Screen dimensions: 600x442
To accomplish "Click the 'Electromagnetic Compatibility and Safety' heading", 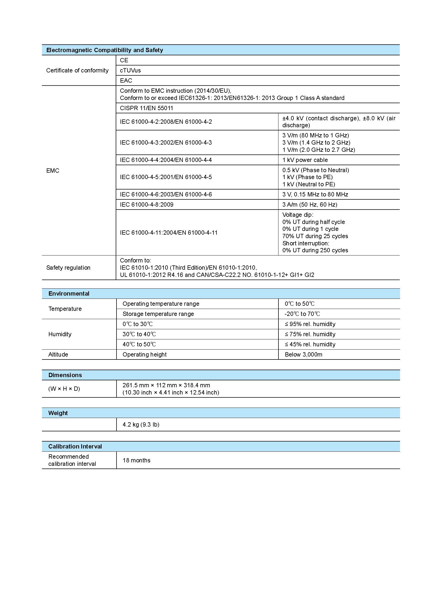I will click(104, 50).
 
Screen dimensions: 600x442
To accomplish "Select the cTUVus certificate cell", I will click(130, 70).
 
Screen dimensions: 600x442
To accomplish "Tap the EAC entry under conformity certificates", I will click(126, 80).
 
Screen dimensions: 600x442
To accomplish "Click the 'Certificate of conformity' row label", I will click(77, 70).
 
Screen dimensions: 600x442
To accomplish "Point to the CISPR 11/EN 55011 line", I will click(146, 108).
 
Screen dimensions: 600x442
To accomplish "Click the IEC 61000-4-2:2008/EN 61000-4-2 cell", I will click(166, 122).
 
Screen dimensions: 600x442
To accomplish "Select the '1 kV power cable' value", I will click(305, 160).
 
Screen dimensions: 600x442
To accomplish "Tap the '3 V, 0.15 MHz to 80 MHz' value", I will click(315, 195).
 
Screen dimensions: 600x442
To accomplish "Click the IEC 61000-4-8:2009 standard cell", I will click(147, 205).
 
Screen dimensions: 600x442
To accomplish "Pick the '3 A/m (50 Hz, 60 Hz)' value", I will click(310, 205).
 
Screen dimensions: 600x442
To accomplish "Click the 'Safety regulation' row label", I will click(68, 268).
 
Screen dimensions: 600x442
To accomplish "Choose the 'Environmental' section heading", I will click(69, 293).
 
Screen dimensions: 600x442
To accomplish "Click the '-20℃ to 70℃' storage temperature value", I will click(302, 314).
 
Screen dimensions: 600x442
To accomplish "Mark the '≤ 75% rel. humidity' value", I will click(310, 334).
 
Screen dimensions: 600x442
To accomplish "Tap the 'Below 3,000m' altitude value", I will click(304, 355).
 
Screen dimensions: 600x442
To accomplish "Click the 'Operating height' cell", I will click(145, 355).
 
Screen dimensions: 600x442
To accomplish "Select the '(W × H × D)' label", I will click(64, 389).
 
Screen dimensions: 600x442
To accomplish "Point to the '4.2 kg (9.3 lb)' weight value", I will click(141, 425).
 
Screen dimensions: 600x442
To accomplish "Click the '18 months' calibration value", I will click(137, 460).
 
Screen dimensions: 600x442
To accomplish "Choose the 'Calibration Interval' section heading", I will click(75, 446).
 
